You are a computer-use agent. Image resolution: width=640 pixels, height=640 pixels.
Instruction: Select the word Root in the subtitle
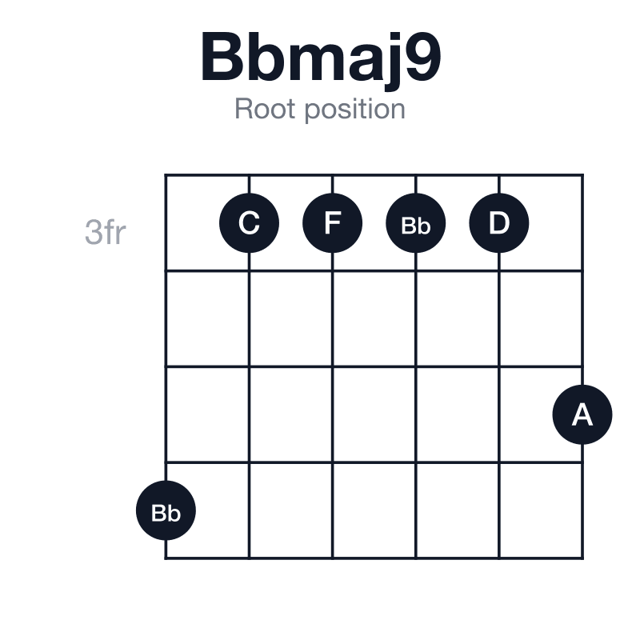[x=265, y=109]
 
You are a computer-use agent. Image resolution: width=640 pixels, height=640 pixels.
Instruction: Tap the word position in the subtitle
[x=355, y=110]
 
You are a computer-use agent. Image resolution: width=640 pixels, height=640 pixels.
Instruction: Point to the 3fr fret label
[x=106, y=232]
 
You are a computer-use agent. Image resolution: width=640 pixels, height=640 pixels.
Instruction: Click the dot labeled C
[x=249, y=223]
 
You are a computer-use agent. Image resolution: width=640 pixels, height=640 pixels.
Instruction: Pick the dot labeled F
[x=332, y=223]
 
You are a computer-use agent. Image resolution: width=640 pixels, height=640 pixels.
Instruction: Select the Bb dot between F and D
[x=415, y=223]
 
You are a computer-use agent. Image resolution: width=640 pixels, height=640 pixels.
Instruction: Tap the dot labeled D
[x=498, y=223]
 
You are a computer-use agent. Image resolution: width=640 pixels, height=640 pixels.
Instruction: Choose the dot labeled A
[x=582, y=414]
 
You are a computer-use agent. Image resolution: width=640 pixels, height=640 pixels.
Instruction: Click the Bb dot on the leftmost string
[x=166, y=510]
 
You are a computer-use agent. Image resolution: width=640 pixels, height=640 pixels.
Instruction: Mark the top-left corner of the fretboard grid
[x=166, y=175]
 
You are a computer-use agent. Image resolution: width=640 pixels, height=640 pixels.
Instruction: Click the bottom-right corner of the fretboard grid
[x=582, y=558]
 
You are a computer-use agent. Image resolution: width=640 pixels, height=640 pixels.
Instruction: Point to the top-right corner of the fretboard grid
[x=582, y=175]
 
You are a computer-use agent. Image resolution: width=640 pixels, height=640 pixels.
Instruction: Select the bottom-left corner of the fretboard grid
[x=166, y=558]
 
